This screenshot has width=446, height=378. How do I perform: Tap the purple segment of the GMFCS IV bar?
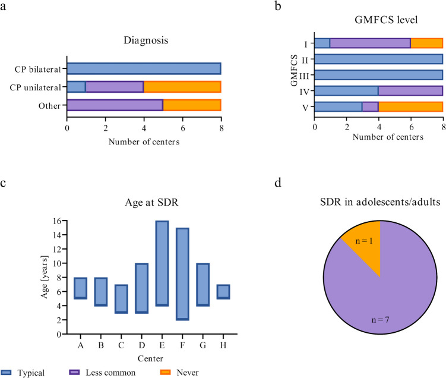pyautogui.click(x=410, y=91)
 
